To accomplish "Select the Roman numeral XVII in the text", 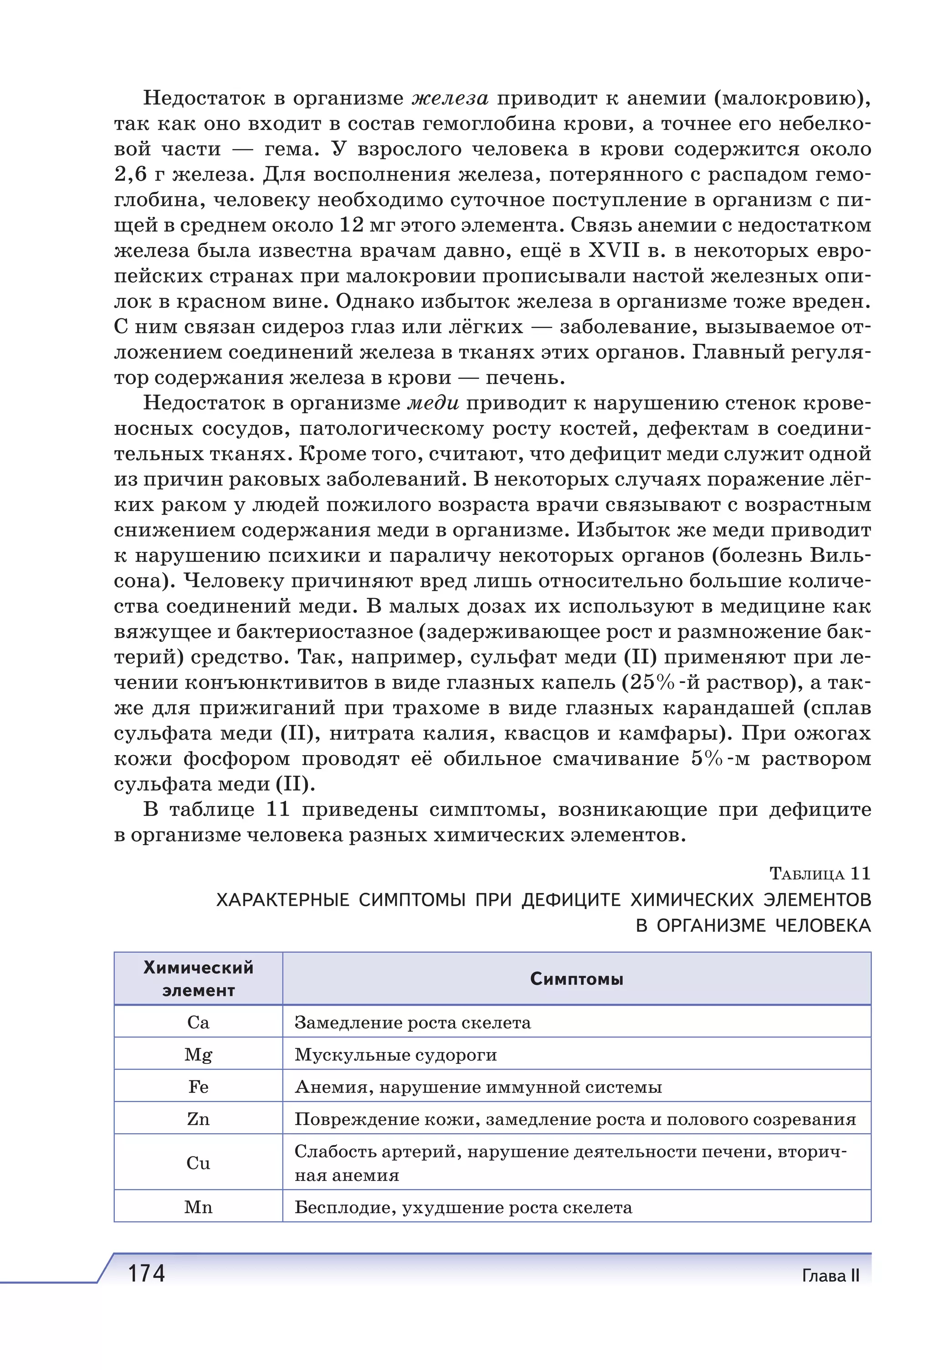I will [614, 250].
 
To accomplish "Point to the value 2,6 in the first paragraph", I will [130, 174].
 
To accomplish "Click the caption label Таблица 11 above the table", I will [820, 873].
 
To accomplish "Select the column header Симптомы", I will [576, 979].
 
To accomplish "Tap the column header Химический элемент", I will [198, 979].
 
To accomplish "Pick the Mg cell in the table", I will [198, 1055].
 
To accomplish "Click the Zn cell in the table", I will [198, 1119].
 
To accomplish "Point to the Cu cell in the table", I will [198, 1163].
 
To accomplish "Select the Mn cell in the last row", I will [198, 1207].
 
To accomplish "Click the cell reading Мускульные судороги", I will [395, 1055].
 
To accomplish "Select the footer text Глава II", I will [830, 1276].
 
